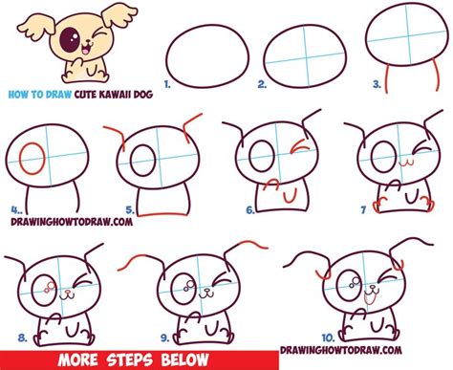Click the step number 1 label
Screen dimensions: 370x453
(x=168, y=83)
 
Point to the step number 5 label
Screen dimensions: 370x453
(x=142, y=207)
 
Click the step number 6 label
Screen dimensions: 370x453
(x=249, y=209)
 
